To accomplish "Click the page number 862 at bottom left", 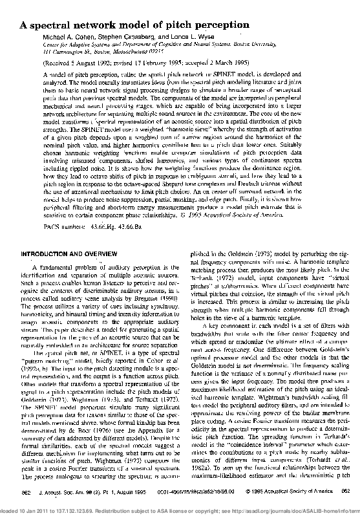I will pyautogui.click(x=26, y=492).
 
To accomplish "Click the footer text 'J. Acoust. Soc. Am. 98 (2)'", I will pyautogui.click(x=71, y=492).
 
